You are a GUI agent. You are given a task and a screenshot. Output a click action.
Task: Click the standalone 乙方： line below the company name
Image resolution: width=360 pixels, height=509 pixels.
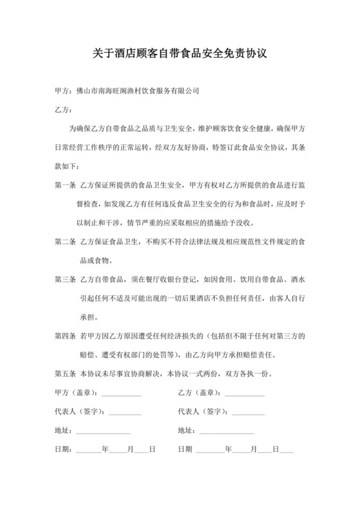click(x=65, y=110)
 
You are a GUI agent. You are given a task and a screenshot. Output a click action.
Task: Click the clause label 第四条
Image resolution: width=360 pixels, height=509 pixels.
click(x=66, y=335)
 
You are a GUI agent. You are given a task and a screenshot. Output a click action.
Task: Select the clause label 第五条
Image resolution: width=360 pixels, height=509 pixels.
click(x=66, y=373)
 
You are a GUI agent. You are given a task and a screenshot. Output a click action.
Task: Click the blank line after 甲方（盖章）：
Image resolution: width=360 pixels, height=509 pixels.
click(x=121, y=393)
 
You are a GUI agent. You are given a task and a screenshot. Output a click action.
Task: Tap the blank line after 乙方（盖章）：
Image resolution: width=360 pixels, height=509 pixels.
click(x=243, y=393)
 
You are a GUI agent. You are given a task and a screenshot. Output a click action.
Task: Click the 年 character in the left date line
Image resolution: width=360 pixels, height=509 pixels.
click(x=105, y=449)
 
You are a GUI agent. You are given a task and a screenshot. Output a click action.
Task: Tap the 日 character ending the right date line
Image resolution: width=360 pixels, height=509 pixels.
click(x=275, y=449)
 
